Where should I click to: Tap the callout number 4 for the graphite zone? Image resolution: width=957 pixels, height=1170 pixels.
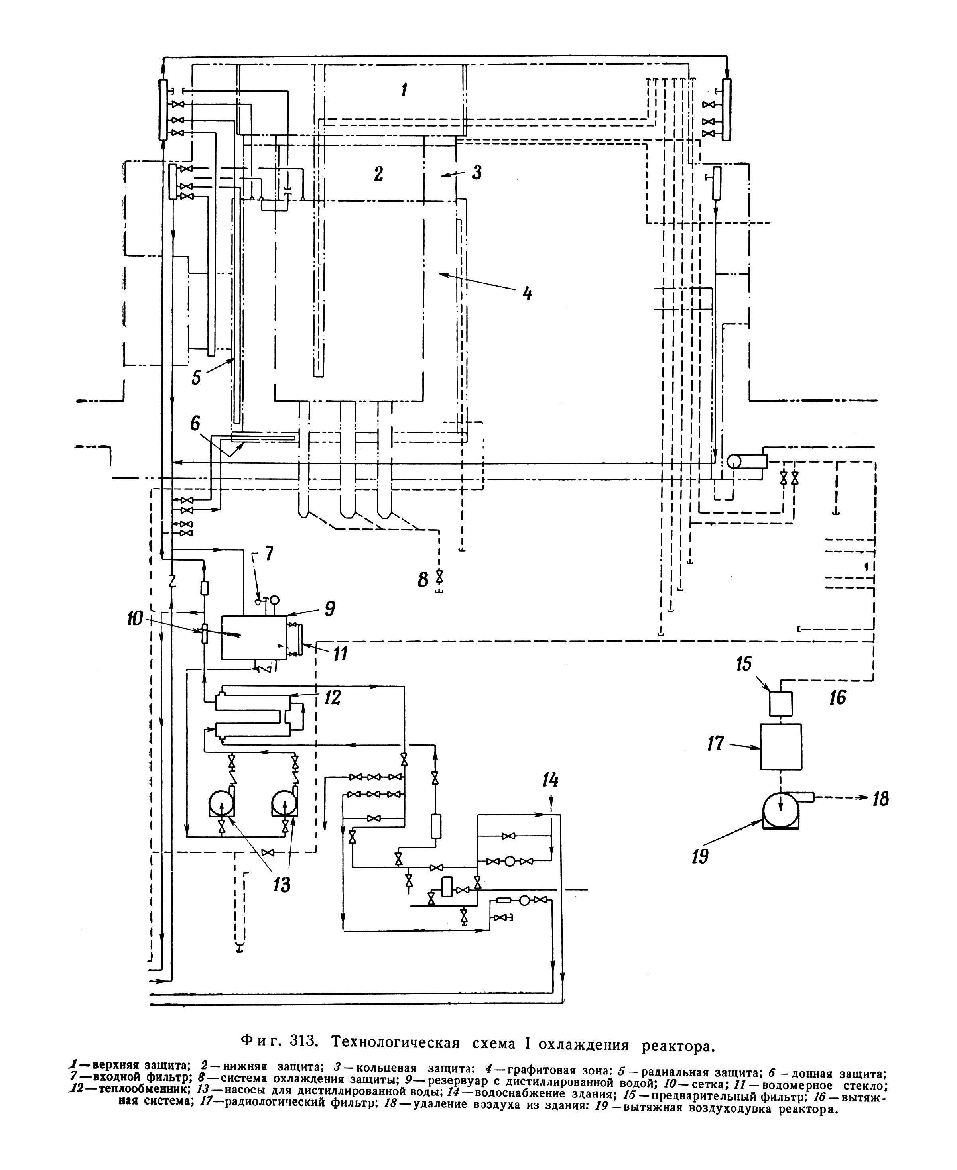tap(527, 292)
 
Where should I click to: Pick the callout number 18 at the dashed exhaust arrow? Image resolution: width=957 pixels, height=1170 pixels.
tap(881, 798)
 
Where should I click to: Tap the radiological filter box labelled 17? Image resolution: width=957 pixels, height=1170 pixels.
tap(781, 746)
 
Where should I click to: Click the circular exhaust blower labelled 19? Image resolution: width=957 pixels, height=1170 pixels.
tap(780, 810)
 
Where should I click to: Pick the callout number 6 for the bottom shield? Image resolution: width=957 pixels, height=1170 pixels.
tap(195, 424)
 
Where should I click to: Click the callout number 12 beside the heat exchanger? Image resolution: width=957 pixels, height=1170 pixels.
tap(333, 697)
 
